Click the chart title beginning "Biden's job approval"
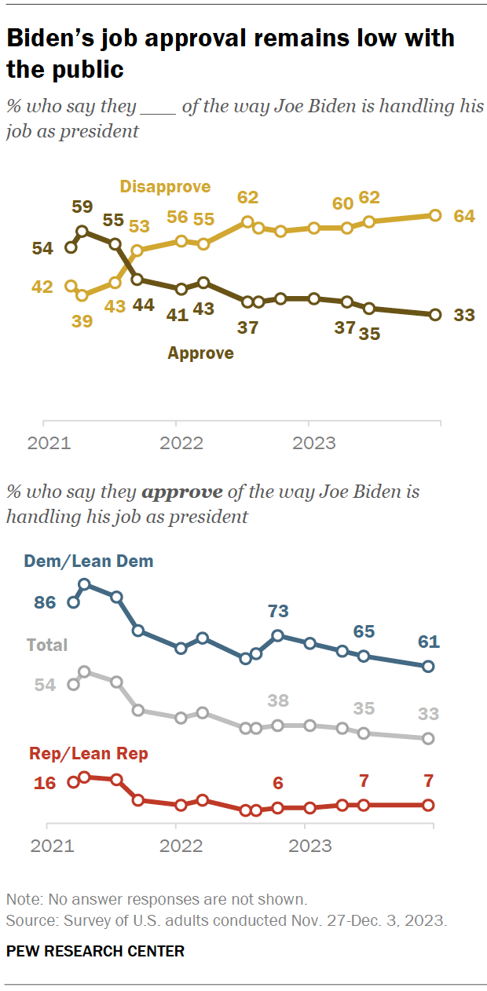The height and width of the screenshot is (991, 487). (230, 53)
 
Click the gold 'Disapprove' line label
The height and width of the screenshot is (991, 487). (165, 186)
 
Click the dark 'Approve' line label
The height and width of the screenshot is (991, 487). (200, 353)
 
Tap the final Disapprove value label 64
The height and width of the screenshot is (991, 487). (464, 215)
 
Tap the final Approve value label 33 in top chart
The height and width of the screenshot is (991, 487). (464, 315)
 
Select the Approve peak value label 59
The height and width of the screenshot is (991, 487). (82, 207)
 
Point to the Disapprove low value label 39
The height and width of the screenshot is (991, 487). (82, 320)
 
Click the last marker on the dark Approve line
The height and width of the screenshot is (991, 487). (435, 315)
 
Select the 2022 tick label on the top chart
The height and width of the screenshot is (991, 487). (181, 443)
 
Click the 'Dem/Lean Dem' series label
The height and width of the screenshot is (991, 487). (89, 561)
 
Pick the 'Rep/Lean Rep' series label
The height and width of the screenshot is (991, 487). (89, 754)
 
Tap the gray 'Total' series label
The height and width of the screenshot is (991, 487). (47, 645)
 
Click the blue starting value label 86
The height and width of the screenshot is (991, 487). (44, 603)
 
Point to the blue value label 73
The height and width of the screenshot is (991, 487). (278, 611)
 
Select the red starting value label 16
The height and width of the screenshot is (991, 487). (44, 782)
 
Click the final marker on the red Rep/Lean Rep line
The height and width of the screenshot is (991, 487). (428, 805)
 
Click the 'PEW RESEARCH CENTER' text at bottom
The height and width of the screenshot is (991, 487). (95, 951)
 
